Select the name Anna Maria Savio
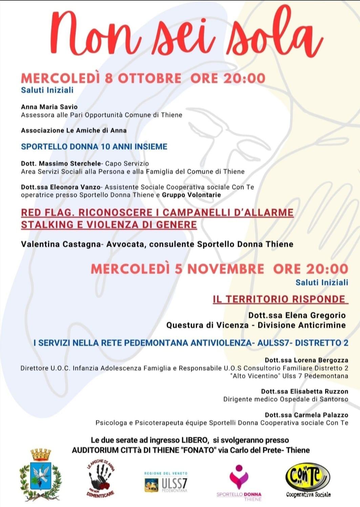click(49, 107)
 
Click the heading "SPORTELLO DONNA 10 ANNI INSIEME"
click(94, 147)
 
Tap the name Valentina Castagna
click(61, 244)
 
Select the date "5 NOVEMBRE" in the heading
click(219, 269)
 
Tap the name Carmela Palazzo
click(321, 415)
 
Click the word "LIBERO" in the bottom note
click(194, 440)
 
